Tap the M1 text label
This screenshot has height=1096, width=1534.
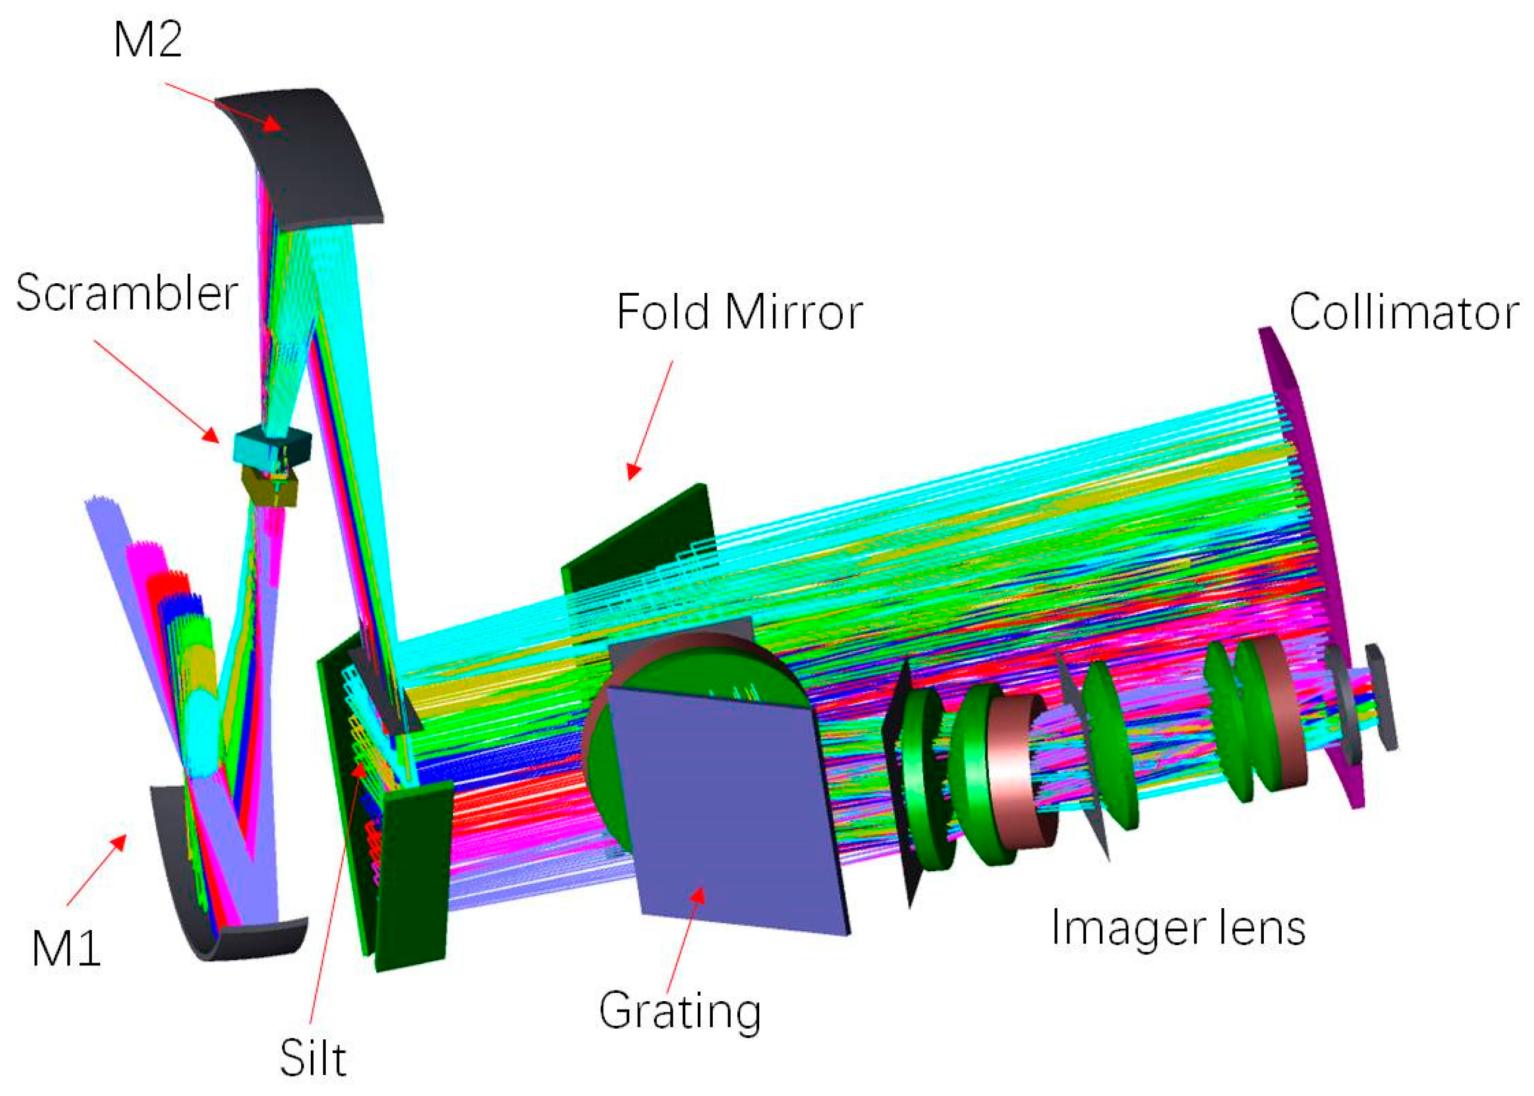pos(66,948)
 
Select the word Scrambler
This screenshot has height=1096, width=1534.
pos(127,293)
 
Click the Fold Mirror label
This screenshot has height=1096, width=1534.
pos(739,312)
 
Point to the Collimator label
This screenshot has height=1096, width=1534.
pos(1404,312)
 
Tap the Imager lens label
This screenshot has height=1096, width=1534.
pos(1178,928)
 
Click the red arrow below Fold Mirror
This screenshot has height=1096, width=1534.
pos(651,419)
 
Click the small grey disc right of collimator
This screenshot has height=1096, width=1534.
pos(1381,695)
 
